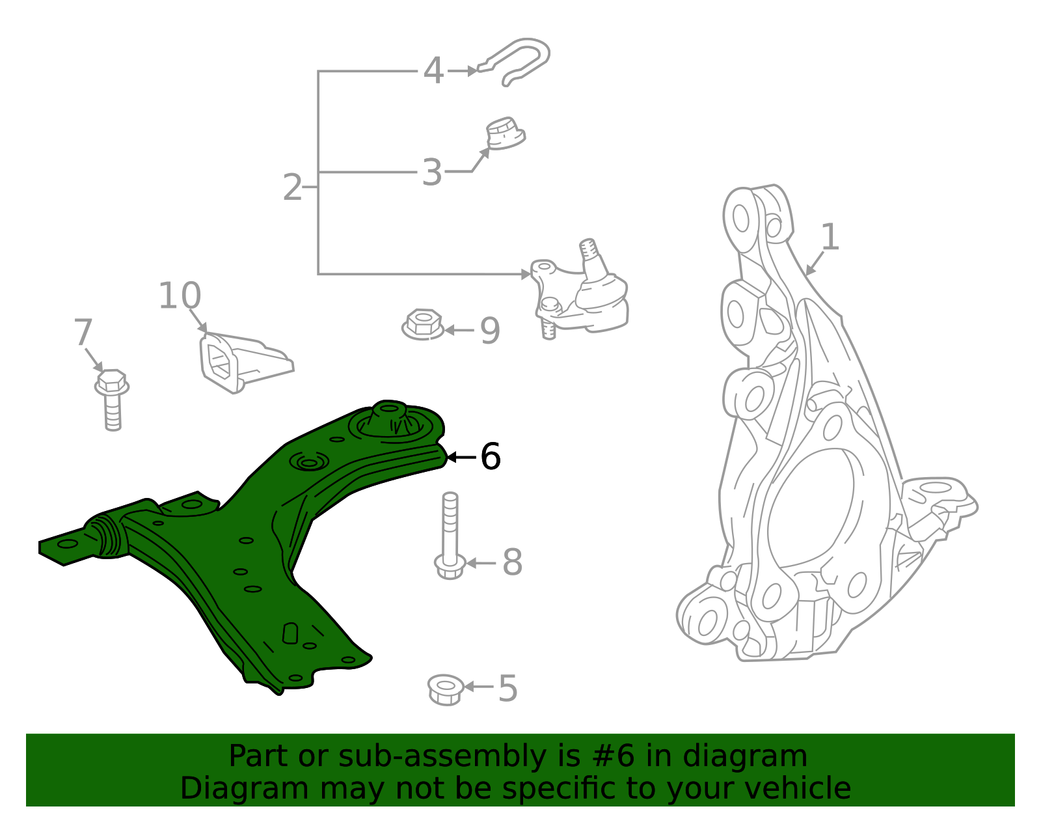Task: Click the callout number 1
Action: pyautogui.click(x=830, y=237)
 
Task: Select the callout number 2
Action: pyautogui.click(x=293, y=187)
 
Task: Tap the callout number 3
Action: pyautogui.click(x=432, y=172)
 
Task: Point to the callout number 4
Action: pyautogui.click(x=433, y=70)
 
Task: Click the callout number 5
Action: pyautogui.click(x=507, y=689)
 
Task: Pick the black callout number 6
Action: pyautogui.click(x=491, y=457)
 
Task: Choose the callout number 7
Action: pyautogui.click(x=83, y=333)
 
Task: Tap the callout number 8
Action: pyautogui.click(x=512, y=562)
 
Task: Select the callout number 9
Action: pyautogui.click(x=490, y=331)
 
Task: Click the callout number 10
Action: pyautogui.click(x=180, y=296)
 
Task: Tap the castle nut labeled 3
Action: pyautogui.click(x=505, y=133)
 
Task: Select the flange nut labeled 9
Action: pyautogui.click(x=423, y=324)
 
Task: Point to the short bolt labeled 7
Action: pyautogui.click(x=112, y=398)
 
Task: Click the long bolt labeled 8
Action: pyautogui.click(x=450, y=537)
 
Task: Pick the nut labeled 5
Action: pyautogui.click(x=446, y=689)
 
